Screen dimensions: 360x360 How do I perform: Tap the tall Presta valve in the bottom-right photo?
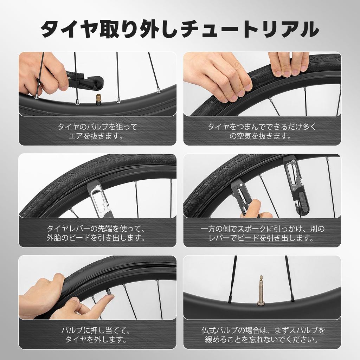point(261,291)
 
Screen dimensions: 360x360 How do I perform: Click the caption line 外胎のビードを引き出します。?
point(97,238)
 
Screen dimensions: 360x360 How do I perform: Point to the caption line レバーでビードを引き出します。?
point(262,238)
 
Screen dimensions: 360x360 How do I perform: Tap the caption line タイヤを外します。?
point(97,340)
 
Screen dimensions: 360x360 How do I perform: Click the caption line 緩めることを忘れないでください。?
point(262,340)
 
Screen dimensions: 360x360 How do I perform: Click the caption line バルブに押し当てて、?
point(97,330)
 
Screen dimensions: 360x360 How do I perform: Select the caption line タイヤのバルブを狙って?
point(97,127)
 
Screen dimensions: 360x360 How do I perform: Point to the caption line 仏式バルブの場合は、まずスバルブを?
point(262,330)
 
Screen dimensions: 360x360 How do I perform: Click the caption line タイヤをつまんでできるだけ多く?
point(262,127)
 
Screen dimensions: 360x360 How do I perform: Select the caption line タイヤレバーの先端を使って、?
point(97,228)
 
